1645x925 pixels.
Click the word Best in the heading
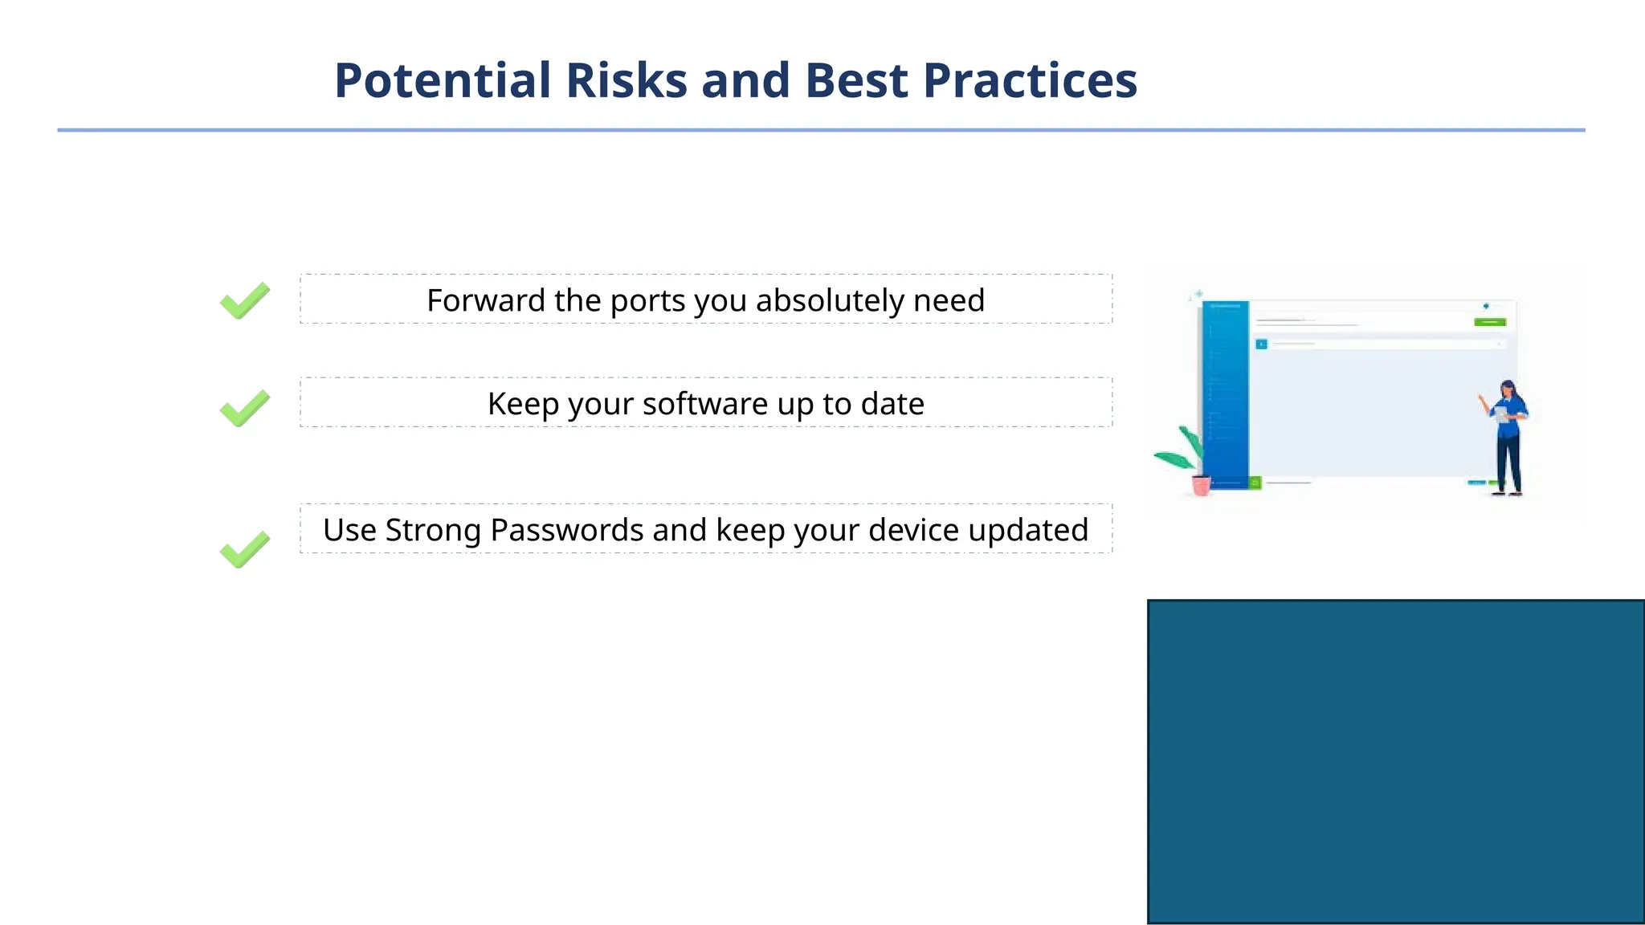point(856,81)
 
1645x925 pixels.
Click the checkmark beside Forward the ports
point(244,301)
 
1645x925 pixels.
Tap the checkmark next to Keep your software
point(244,408)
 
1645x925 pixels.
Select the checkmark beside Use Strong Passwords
point(244,550)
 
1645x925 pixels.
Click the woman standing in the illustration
point(1508,438)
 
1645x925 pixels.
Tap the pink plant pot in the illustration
point(1201,486)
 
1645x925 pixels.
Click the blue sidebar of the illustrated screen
point(1226,393)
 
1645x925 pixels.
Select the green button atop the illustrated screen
point(1490,322)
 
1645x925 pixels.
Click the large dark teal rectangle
point(1395,761)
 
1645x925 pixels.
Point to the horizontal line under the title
point(821,130)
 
